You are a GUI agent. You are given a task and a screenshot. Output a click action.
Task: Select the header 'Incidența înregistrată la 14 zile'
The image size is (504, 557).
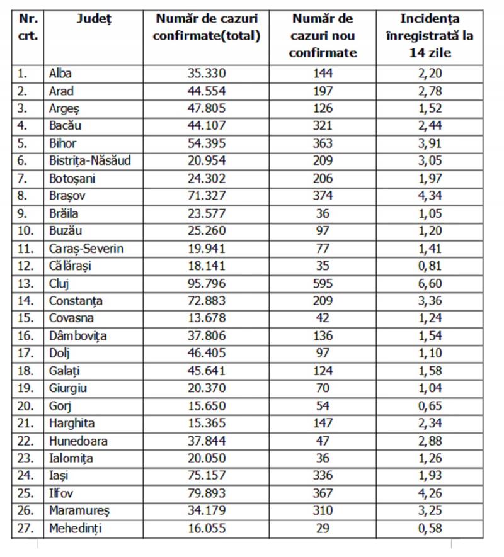[431, 36]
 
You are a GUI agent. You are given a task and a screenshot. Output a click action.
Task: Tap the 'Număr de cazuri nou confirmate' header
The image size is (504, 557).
[323, 36]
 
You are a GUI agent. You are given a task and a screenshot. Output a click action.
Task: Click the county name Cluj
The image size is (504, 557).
[59, 283]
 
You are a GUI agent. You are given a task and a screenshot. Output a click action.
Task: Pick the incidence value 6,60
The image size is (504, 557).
[431, 283]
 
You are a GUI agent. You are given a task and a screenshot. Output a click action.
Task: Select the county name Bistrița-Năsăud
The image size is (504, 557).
[89, 160]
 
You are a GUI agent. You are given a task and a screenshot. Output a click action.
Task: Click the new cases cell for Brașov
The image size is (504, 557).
[323, 196]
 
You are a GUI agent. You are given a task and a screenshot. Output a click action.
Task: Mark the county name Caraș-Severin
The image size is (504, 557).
[86, 248]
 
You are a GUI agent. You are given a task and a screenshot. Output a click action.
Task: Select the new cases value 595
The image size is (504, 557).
[323, 283]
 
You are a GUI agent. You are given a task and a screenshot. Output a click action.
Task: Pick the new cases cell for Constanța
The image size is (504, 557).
[323, 301]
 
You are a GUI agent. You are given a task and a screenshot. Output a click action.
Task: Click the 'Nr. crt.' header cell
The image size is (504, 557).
[28, 27]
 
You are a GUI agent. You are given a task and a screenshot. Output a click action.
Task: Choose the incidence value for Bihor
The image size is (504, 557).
[431, 143]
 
